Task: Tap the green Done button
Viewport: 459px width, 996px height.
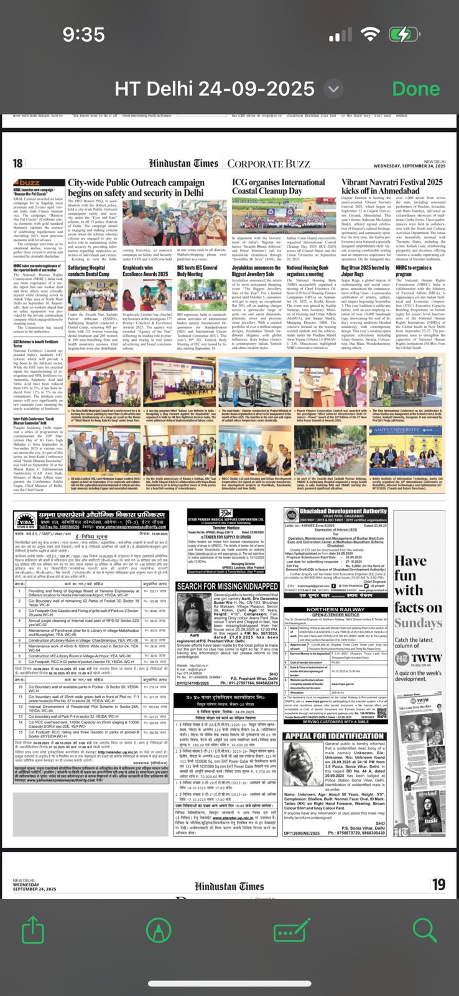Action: point(416,88)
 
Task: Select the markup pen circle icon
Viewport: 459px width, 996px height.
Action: point(158,931)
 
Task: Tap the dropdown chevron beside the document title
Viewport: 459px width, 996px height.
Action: point(334,89)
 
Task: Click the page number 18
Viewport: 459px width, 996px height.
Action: point(18,164)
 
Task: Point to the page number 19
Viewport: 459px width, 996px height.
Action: point(438,885)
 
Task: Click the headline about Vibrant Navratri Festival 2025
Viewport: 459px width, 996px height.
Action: point(392,186)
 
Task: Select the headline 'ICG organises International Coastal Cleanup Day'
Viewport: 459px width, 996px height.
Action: point(278,186)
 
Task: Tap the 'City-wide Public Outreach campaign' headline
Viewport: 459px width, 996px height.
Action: point(136,187)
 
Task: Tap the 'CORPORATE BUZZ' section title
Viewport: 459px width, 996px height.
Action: point(268,164)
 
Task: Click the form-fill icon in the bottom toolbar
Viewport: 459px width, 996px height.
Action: point(292,931)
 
